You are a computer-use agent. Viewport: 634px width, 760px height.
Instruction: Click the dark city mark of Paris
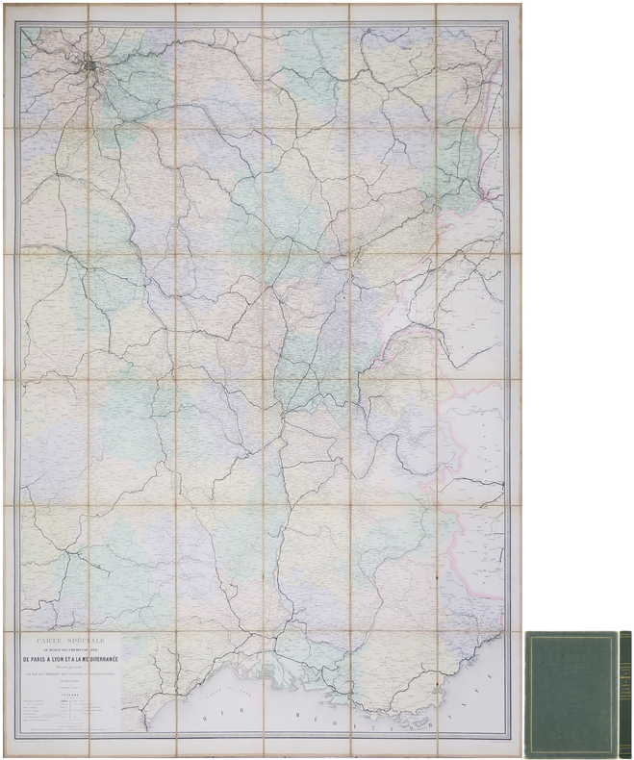tap(89, 67)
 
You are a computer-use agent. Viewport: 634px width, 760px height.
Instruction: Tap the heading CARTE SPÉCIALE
tap(72, 639)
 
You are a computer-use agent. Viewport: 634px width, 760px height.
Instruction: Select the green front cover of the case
tap(571, 694)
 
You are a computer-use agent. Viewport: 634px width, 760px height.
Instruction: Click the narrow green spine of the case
tap(625, 694)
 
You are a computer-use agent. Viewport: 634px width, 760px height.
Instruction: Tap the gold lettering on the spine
tap(625, 664)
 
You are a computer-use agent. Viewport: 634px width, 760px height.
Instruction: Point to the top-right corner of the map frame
tap(508, 21)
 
